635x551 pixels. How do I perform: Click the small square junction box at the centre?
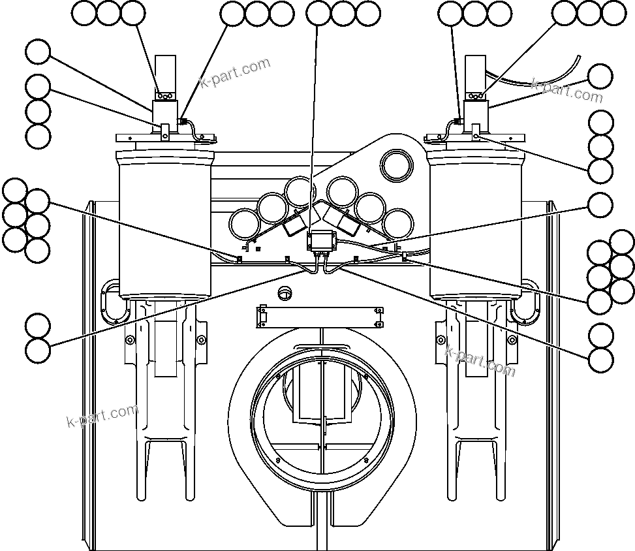click(x=321, y=241)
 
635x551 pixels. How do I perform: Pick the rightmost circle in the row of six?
click(x=397, y=223)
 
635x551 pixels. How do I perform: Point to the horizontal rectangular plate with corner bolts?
click(x=320, y=316)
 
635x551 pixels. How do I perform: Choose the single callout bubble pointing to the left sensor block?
click(x=38, y=52)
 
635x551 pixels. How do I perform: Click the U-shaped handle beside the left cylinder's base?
click(x=110, y=302)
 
